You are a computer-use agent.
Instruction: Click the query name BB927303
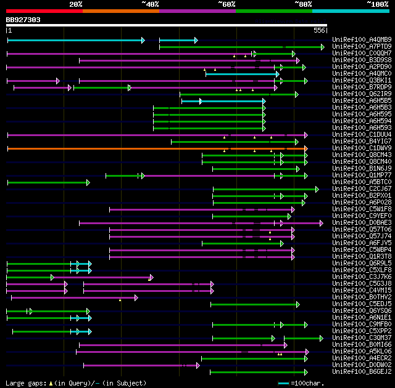pos(23,20)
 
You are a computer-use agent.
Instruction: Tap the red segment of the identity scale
pos(44,11)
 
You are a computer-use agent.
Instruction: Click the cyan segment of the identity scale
pos(350,11)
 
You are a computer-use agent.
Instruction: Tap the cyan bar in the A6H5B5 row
pos(223,101)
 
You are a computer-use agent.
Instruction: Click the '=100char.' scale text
pos(308,383)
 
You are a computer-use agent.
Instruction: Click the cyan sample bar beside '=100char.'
pos(284,383)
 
